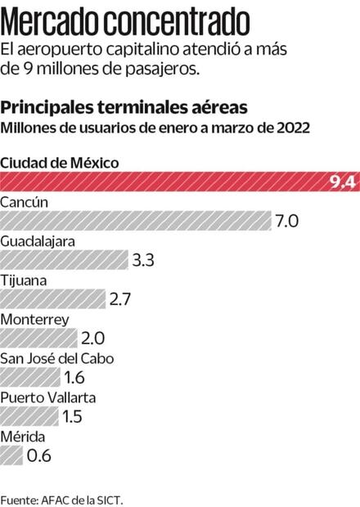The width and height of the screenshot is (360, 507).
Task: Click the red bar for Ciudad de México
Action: pyautogui.click(x=164, y=182)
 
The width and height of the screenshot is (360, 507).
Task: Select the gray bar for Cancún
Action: pyautogui.click(x=135, y=221)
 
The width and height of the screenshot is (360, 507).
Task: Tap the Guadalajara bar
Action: pyautogui.click(x=64, y=260)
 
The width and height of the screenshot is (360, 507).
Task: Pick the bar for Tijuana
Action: pyautogui.click(x=53, y=299)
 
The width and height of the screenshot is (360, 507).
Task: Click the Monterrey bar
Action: pyautogui.click(x=39, y=338)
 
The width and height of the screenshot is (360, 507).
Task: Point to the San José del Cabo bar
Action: pyautogui.click(x=30, y=377)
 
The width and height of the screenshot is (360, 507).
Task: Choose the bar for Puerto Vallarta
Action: pyautogui.click(x=29, y=416)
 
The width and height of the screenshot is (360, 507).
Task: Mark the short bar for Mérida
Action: pyautogui.click(x=11, y=455)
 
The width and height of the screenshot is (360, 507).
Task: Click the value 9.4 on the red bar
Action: pyautogui.click(x=340, y=182)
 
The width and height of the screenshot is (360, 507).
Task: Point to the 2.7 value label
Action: pyautogui.click(x=120, y=300)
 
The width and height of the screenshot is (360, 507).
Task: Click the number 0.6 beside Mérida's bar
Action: pyautogui.click(x=38, y=455)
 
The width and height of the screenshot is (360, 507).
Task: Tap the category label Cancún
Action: pyautogui.click(x=25, y=202)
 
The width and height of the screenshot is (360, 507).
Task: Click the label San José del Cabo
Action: pyautogui.click(x=56, y=358)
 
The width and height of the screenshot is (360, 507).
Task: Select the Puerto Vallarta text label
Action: pyautogui.click(x=48, y=397)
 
